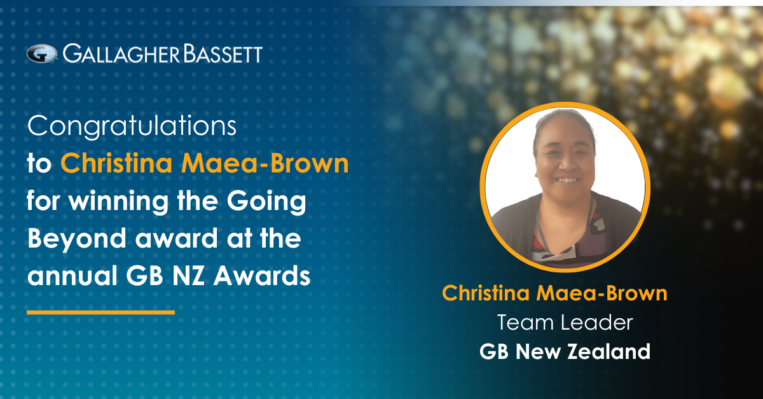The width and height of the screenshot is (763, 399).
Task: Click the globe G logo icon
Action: click(x=42, y=54)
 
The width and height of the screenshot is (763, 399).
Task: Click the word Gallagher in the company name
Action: click(x=121, y=54)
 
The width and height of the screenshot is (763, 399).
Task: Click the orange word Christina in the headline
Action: click(x=116, y=164)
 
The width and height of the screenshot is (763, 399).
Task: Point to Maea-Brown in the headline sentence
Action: click(x=265, y=164)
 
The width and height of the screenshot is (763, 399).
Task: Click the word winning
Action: click(x=118, y=202)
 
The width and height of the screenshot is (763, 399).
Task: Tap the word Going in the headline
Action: click(x=266, y=202)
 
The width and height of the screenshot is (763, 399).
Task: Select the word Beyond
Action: click(x=77, y=239)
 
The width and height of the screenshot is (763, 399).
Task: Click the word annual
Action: click(x=72, y=276)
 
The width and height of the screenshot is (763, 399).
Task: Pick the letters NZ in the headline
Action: click(x=188, y=276)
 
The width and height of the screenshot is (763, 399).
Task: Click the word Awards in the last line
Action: click(x=261, y=276)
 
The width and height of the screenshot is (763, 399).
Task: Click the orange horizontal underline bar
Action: click(x=101, y=312)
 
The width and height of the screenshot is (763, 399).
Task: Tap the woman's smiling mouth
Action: click(x=566, y=179)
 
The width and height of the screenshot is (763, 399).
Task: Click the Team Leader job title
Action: click(x=565, y=322)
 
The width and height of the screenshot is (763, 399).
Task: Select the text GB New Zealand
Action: click(x=565, y=351)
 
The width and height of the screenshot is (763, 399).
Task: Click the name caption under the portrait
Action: click(x=554, y=293)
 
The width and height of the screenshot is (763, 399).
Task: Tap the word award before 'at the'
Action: click(x=177, y=239)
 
